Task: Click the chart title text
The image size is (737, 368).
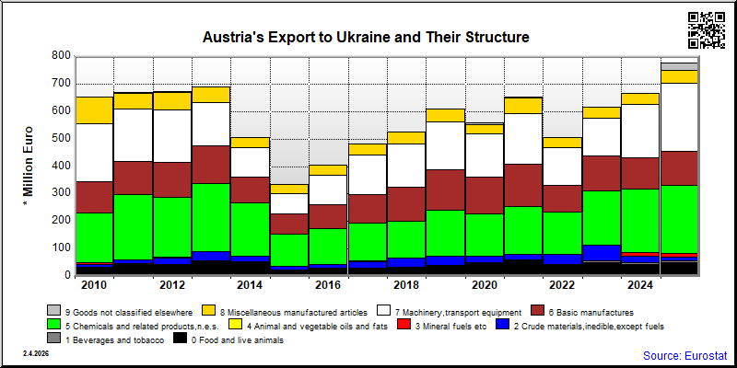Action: (366, 37)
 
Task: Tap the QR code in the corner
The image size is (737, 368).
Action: (707, 30)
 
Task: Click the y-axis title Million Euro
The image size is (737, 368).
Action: (29, 166)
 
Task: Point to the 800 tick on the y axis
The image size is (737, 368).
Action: (61, 56)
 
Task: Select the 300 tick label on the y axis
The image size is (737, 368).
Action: (61, 192)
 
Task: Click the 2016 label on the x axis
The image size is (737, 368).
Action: (328, 285)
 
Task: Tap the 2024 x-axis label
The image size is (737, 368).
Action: (640, 285)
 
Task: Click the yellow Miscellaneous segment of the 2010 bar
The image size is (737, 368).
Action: (95, 110)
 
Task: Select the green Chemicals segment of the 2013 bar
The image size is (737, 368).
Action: (212, 217)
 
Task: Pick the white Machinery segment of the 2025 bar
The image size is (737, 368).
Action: (679, 118)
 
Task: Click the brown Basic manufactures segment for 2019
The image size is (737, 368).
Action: (446, 190)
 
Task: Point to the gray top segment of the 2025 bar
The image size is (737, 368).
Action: (679, 66)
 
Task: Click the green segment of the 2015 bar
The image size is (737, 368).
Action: (289, 250)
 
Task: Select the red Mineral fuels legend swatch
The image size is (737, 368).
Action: (403, 325)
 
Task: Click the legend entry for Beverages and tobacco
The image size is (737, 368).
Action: (106, 340)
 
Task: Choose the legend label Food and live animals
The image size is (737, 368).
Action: (238, 340)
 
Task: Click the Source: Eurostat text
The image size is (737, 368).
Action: (684, 355)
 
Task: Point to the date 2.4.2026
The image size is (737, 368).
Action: (35, 353)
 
